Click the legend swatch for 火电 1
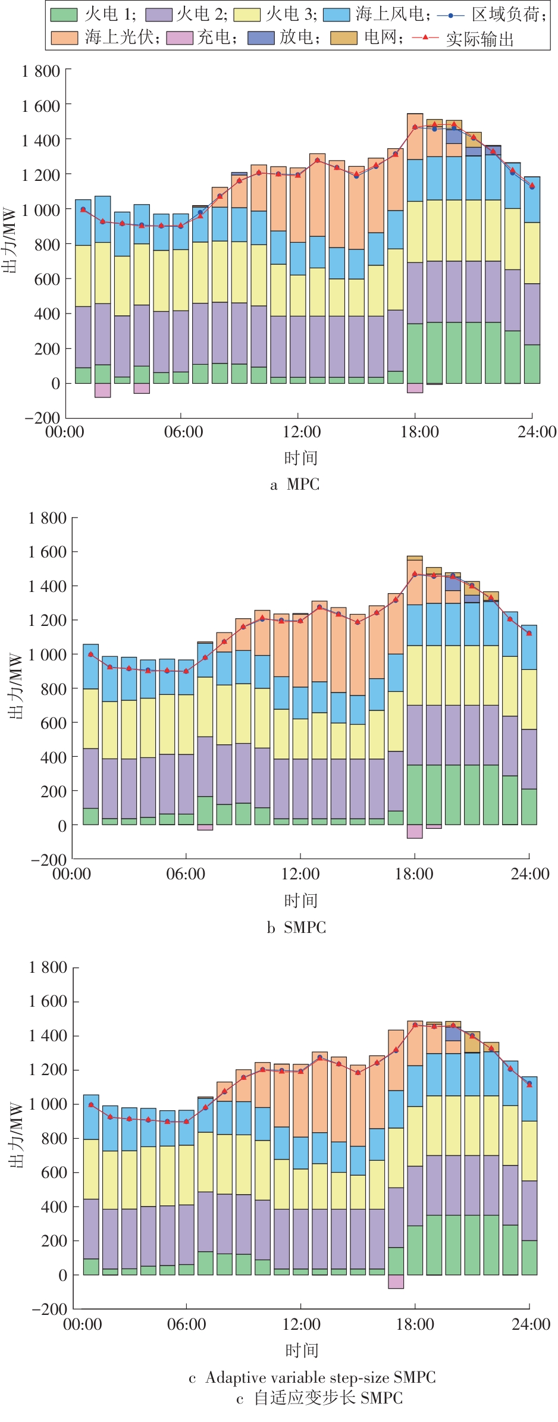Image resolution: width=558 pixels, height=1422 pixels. click(x=64, y=14)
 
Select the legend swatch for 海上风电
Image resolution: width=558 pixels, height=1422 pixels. click(x=336, y=14)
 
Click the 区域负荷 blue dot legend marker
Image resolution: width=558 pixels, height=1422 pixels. click(x=450, y=14)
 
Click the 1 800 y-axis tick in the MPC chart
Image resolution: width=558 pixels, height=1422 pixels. click(x=40, y=71)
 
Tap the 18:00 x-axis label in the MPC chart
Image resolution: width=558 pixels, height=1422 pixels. click(x=419, y=432)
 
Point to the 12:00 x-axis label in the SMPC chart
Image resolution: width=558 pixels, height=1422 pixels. click(x=300, y=874)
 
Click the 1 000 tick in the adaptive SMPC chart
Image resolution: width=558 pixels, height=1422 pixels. click(x=48, y=1104)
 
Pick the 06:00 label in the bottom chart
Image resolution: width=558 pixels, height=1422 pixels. click(x=186, y=1324)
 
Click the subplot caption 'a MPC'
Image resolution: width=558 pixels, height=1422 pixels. click(x=295, y=484)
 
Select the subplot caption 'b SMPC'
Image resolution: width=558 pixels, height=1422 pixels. click(x=296, y=927)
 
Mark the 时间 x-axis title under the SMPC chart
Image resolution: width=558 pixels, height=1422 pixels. click(x=300, y=901)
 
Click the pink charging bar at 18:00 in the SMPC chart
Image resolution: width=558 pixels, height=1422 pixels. click(x=415, y=831)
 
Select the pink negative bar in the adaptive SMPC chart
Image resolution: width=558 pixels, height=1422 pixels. click(x=396, y=1282)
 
